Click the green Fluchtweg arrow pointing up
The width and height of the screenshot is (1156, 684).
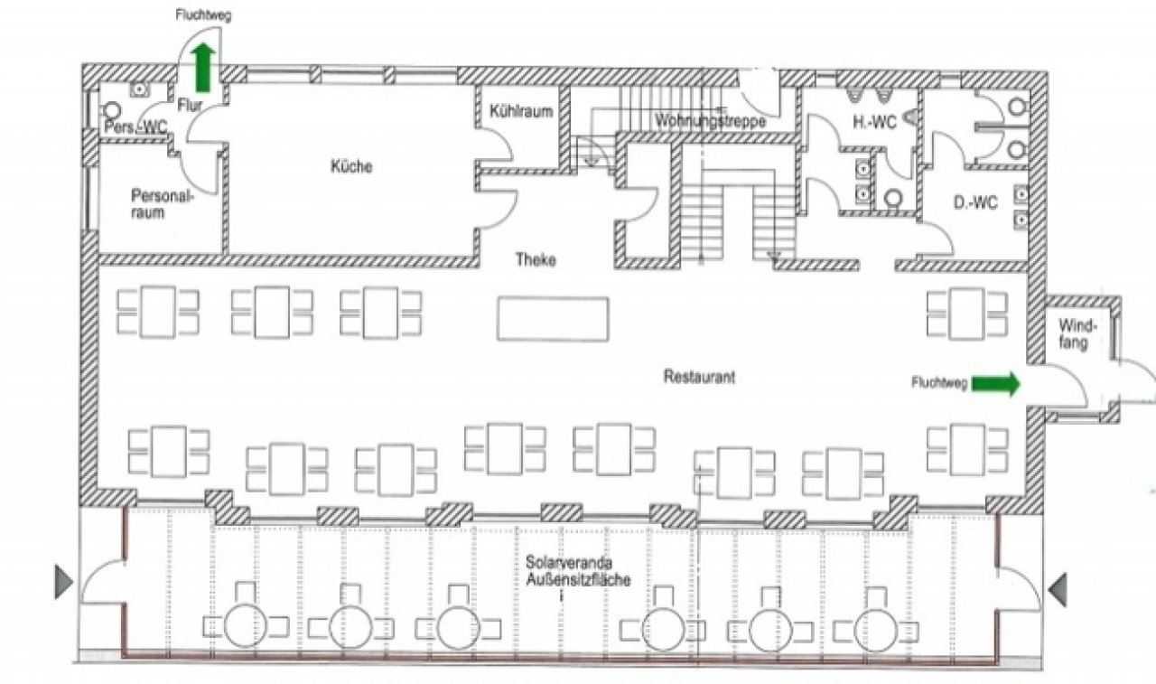tap(203, 68)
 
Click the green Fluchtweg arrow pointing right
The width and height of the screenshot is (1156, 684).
tap(995, 384)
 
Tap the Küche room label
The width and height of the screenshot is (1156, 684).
tap(351, 166)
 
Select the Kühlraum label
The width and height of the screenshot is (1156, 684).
tap(521, 111)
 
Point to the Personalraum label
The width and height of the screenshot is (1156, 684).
tap(161, 204)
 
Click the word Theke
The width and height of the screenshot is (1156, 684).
tap(536, 259)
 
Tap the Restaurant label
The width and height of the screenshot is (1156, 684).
tap(699, 376)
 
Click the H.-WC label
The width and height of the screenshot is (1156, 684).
tap(874, 122)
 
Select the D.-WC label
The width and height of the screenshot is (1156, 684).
tap(974, 202)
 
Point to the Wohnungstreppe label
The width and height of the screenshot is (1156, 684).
tap(710, 121)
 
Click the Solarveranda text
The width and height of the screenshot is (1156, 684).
tap(569, 561)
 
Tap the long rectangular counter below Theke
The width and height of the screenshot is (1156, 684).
tap(553, 319)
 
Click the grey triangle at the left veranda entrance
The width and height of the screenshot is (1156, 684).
tap(63, 582)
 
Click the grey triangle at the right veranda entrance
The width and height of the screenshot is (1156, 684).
tap(1058, 589)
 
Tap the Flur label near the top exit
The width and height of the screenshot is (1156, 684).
tap(190, 106)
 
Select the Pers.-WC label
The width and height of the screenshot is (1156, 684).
tap(135, 127)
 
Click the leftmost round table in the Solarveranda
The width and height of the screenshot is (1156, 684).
tap(245, 625)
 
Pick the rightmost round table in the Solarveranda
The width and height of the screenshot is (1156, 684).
tap(875, 630)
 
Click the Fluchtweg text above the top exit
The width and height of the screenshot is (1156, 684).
tap(203, 15)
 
